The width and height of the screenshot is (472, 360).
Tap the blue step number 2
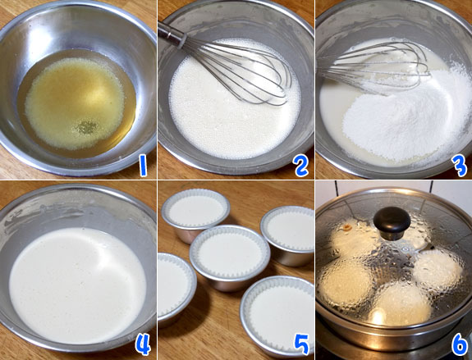coord(301,166)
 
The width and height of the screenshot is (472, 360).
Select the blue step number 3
coord(460,166)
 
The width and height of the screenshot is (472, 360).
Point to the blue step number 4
coord(143,344)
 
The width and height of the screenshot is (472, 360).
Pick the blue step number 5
coord(301,344)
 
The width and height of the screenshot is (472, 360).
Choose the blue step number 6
coord(460,344)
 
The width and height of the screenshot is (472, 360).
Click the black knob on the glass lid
coord(392,223)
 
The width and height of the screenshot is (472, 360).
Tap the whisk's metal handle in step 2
coord(172,34)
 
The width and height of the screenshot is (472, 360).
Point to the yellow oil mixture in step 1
coord(76,103)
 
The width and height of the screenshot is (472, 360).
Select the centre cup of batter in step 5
coord(230,257)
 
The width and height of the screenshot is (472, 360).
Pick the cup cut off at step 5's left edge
coord(176,289)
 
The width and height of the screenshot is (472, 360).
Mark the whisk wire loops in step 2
coord(238,72)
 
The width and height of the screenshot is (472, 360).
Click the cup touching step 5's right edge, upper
coord(287,235)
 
